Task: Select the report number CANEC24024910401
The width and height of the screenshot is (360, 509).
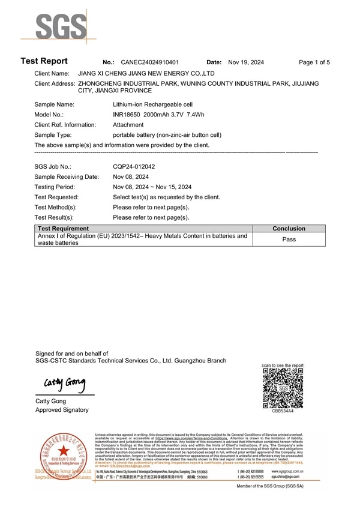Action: tap(149, 62)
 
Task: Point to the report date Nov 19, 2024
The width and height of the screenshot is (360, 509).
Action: tap(246, 62)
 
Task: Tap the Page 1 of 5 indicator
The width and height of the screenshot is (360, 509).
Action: tap(314, 62)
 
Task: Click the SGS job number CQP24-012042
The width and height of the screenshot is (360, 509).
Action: tap(134, 166)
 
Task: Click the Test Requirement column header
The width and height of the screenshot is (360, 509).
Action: tap(63, 229)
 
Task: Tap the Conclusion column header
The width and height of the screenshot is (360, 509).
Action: tap(289, 229)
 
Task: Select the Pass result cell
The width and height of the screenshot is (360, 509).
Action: tap(289, 239)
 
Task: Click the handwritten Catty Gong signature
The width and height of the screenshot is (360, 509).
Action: tap(64, 384)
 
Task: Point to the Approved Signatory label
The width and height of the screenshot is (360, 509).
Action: tap(62, 410)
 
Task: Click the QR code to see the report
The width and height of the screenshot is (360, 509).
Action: tap(283, 388)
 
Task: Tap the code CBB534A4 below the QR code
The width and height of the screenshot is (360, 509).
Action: tap(283, 411)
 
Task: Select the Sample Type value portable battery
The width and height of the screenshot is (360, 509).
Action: tap(167, 135)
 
